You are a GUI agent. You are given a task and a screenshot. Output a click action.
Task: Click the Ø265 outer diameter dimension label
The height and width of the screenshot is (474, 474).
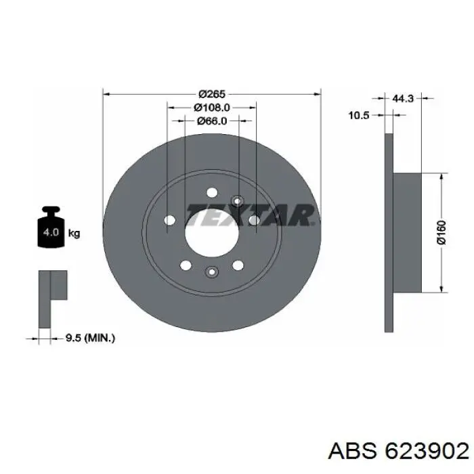212,94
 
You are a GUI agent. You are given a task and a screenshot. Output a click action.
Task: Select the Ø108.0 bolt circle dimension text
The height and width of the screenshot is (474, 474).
211,107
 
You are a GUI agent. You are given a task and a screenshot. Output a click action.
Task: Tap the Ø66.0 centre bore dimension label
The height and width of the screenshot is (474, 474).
212,121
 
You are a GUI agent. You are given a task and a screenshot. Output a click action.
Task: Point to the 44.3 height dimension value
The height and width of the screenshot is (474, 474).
403,98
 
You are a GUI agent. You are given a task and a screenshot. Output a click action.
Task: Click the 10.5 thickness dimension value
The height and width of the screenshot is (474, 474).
359,115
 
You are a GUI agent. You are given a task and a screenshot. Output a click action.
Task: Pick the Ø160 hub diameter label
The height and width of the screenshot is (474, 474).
441,232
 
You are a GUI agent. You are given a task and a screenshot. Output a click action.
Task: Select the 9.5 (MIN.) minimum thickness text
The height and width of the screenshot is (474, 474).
90,338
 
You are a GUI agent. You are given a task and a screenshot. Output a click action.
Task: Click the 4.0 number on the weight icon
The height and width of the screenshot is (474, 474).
51,232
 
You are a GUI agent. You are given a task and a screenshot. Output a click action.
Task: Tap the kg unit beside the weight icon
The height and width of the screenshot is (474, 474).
74,234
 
